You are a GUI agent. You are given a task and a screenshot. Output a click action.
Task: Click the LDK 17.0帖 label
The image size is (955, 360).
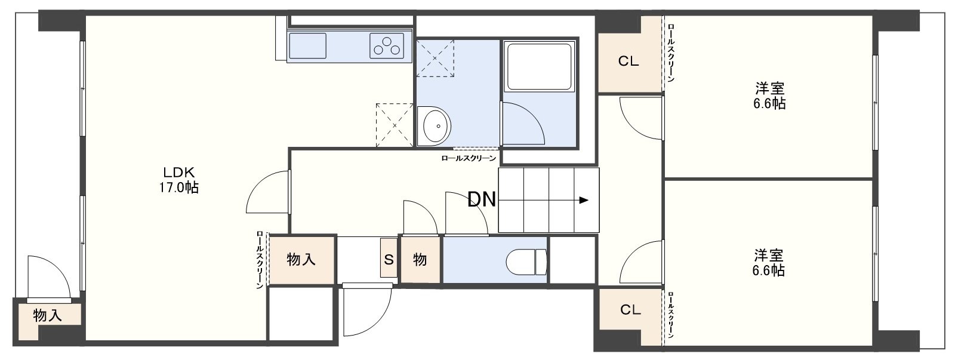(178, 180)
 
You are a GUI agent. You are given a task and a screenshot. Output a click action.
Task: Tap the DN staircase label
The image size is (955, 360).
(482, 199)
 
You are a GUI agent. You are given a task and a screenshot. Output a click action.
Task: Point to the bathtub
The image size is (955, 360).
(539, 66)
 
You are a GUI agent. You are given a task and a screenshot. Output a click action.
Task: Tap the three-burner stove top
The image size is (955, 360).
(387, 46)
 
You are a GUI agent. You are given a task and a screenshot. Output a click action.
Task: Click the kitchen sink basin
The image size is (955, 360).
(308, 46)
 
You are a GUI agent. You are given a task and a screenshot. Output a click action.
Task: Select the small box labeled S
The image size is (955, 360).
(389, 258)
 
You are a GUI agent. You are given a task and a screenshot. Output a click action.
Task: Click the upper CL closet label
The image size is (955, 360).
(629, 61)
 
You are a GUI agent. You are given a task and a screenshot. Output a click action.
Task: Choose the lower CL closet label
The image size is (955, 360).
(630, 310)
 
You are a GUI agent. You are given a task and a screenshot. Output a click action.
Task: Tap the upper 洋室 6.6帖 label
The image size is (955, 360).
(769, 96)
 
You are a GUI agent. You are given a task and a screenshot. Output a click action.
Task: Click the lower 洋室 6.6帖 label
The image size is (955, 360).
(768, 263)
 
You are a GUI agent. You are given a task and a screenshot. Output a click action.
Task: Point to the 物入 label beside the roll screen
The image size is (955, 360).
(301, 259)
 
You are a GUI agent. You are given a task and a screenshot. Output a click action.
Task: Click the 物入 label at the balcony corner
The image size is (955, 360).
(47, 316)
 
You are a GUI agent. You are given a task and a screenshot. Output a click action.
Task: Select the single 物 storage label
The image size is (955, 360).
(420, 259)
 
